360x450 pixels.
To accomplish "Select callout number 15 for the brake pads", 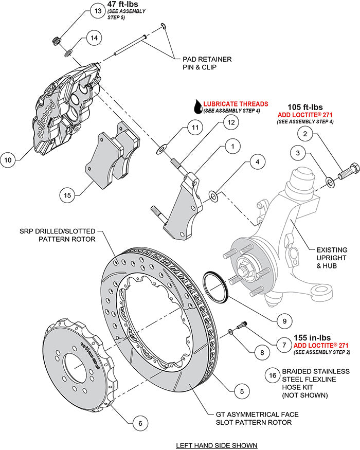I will point(67,195).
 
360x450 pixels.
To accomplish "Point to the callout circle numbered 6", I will point(137,424).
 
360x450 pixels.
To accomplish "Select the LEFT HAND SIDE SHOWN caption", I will point(216,445).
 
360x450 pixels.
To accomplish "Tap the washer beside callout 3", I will point(330,181).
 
